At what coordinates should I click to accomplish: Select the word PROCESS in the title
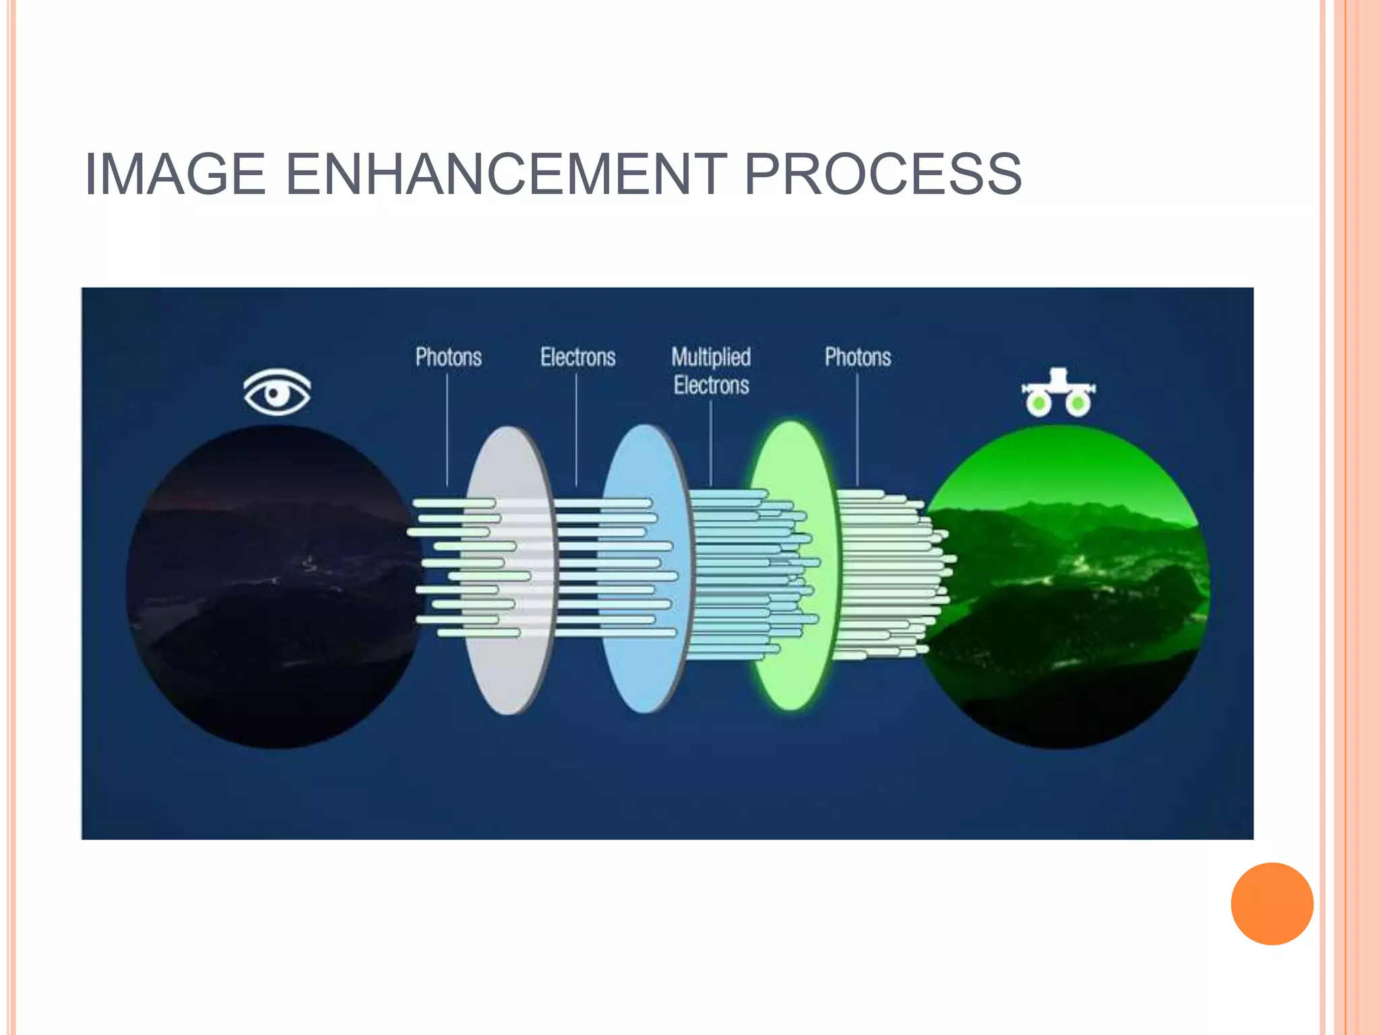(x=883, y=174)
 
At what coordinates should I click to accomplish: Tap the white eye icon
(x=277, y=391)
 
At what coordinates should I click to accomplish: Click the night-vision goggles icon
(x=1058, y=393)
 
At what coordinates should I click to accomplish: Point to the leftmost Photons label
(x=448, y=357)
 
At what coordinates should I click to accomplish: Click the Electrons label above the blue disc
(x=577, y=357)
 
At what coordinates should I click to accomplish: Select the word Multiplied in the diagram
(x=711, y=357)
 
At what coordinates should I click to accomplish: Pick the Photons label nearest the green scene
(x=858, y=357)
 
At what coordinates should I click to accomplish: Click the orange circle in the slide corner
(x=1272, y=904)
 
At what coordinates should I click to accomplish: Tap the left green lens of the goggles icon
(x=1039, y=404)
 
